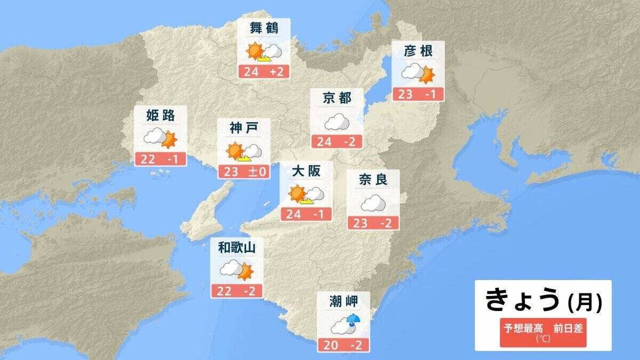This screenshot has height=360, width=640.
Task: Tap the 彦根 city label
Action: click(x=418, y=51)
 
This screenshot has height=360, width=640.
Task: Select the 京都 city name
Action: click(x=337, y=98)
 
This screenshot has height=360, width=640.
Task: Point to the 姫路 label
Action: click(x=160, y=115)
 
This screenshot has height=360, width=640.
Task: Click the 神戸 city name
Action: click(x=244, y=128)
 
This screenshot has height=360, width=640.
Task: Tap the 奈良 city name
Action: click(x=373, y=180)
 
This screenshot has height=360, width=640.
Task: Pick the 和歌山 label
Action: click(x=237, y=247)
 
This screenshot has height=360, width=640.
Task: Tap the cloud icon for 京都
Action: click(x=337, y=123)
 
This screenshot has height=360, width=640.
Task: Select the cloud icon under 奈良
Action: click(x=373, y=203)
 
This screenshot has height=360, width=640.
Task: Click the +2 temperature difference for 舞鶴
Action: click(x=278, y=72)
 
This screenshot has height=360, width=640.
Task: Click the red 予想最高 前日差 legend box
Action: click(x=543, y=332)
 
